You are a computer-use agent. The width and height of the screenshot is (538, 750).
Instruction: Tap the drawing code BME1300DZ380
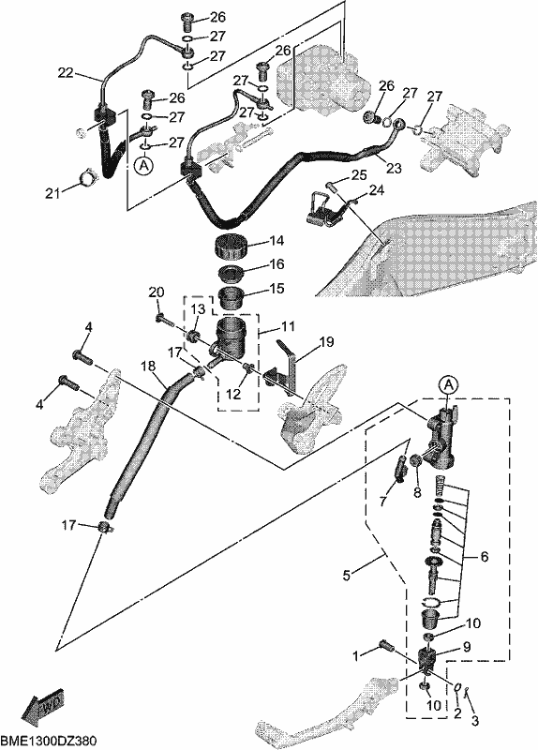[49, 742]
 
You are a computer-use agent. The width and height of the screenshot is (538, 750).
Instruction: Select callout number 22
[67, 73]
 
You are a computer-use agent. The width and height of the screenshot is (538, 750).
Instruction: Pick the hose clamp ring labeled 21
[88, 180]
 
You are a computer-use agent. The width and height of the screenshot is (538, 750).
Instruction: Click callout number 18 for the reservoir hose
[149, 367]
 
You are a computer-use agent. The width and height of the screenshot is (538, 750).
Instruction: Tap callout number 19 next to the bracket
[326, 341]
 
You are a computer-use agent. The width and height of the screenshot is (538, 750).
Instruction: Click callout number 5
[347, 575]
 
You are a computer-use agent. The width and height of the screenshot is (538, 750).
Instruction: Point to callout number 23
[394, 168]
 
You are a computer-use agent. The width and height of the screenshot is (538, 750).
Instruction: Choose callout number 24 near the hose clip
[377, 191]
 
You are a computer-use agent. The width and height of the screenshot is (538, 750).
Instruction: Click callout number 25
[359, 174]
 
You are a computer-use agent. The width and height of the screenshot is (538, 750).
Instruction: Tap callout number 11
[288, 326]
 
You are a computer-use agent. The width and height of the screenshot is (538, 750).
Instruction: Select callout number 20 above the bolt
[157, 292]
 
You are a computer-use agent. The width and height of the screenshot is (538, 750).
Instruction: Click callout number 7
[382, 501]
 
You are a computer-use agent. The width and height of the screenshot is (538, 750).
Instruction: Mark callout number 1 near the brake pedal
[355, 655]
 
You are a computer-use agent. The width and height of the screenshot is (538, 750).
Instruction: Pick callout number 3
[475, 720]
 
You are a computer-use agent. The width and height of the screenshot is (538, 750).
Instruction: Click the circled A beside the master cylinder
[448, 384]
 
